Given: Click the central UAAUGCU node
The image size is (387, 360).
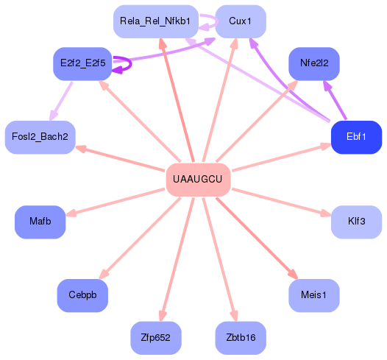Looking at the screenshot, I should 198,180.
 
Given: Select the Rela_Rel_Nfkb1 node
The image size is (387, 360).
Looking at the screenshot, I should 155,21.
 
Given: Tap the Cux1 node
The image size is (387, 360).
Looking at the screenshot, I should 241,21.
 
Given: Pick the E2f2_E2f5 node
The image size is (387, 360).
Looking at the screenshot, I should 82,63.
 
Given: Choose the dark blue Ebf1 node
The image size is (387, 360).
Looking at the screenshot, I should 356,137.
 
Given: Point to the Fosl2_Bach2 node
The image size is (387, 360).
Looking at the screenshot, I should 40,137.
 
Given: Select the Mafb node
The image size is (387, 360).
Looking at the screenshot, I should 40,222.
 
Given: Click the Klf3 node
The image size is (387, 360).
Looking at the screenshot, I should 356,222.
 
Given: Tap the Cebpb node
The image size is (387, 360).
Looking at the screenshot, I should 82,295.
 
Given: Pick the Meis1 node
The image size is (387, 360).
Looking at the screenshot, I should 314,295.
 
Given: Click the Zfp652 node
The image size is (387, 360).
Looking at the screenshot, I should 155,338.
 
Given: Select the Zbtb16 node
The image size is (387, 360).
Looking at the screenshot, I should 241,338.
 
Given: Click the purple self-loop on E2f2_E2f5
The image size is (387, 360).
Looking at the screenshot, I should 125,64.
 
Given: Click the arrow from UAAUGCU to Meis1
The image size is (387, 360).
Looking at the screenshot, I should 258,240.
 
